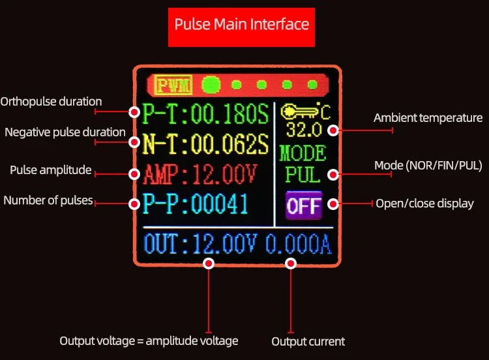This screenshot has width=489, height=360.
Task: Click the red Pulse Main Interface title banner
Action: pos(241,27)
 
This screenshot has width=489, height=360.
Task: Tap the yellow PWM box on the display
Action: pos(173,85)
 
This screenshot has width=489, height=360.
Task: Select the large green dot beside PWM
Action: pos(211,85)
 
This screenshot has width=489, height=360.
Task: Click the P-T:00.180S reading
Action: pos(205,114)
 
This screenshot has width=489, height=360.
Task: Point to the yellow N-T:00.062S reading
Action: pos(205,144)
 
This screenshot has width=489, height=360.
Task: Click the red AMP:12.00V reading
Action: pos(200,173)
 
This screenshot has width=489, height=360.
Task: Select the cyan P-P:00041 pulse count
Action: pos(195,203)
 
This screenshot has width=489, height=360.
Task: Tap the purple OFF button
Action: pos(304,205)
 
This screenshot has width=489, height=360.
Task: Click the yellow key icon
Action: pos(299,112)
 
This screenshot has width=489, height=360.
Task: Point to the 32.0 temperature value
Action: pos(304,130)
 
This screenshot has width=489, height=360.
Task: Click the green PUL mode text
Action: pos(303,174)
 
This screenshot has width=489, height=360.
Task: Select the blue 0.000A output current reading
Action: pos(298,243)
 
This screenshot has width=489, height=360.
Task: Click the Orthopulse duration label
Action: pos(51,102)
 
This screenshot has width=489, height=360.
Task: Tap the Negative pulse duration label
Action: pos(65,132)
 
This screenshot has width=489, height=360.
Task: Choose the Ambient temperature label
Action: pos(428,118)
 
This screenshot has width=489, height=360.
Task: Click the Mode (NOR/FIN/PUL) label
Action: pos(428,166)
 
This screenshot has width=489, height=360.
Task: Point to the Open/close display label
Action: pos(424,203)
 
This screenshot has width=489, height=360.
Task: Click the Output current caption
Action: pos(308,341)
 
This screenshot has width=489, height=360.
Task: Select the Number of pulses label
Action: pos(48,200)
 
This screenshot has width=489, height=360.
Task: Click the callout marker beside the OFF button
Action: pos(333,204)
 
